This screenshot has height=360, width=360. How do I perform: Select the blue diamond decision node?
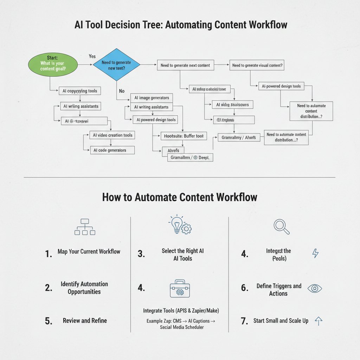(116, 65)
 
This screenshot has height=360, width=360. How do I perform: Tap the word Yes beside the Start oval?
(92, 56)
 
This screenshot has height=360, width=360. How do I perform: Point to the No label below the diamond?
(122, 91)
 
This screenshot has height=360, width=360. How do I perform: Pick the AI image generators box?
(152, 98)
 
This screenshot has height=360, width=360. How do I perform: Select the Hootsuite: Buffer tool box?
(184, 136)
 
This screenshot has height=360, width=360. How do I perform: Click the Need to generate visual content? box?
(257, 65)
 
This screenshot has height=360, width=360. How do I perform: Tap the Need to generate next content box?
(185, 65)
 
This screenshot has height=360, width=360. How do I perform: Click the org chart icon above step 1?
(85, 227)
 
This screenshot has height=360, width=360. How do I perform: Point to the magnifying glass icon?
(282, 227)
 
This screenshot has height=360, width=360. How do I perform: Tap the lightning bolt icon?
(315, 253)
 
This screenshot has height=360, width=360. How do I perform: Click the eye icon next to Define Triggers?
(315, 289)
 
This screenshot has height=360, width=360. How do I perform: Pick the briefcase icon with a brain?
(180, 289)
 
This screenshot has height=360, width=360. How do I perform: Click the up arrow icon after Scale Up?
(318, 320)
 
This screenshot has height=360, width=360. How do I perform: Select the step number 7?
(245, 321)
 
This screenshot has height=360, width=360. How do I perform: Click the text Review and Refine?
(85, 321)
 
